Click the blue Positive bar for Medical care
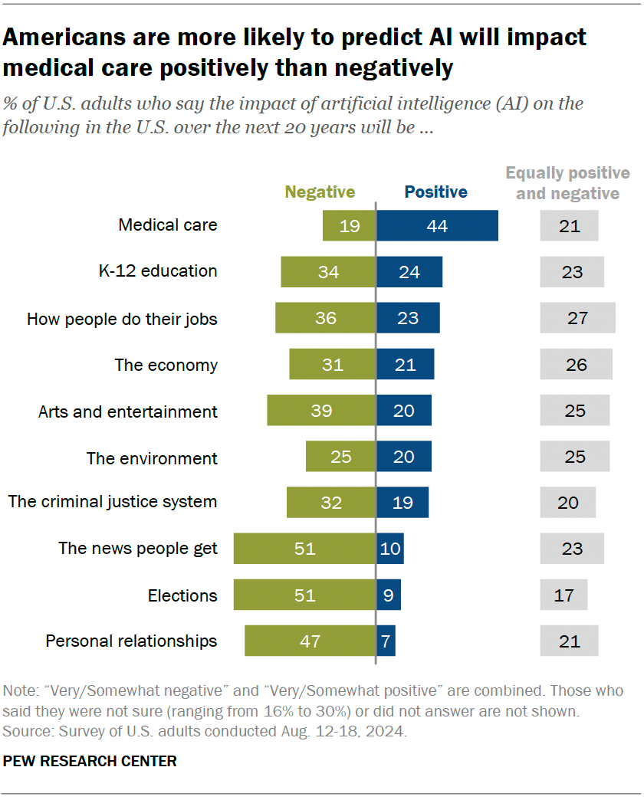coord(437,226)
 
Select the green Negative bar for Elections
coord(304,595)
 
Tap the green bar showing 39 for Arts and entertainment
coord(321,411)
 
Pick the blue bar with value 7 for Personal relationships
coord(386,641)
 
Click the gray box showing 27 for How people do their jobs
coord(577,318)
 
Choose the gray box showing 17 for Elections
coord(563,595)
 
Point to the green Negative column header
coord(320,192)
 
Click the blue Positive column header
coord(435,192)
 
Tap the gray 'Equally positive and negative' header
coord(567,183)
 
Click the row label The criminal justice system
coord(113,502)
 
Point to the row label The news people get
coord(138,549)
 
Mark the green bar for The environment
coord(340,457)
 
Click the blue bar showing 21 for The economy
coord(405,365)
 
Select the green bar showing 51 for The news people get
coord(304,549)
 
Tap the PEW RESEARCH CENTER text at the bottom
coord(90,761)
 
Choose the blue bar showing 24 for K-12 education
coord(409,272)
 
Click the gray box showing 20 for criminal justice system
coord(567,503)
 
